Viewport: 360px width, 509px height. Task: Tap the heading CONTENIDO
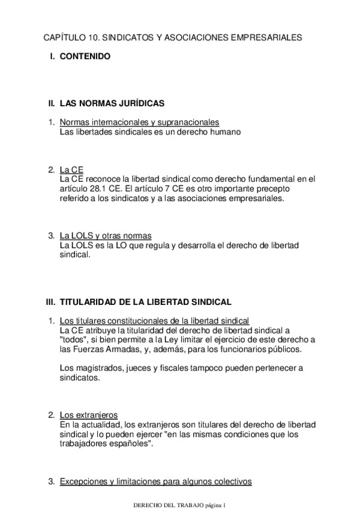point(85,57)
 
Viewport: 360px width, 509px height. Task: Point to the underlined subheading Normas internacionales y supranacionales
point(139,122)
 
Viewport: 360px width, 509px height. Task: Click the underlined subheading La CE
point(71,169)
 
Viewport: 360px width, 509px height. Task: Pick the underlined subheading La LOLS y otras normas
point(106,235)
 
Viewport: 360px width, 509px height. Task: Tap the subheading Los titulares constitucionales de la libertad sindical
point(154,321)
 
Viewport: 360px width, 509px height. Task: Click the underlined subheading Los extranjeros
point(88,415)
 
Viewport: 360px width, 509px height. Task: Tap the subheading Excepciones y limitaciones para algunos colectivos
point(155,481)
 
